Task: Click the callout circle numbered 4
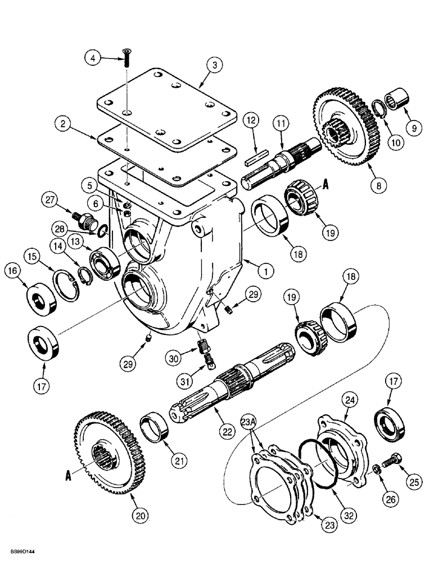point(94,57)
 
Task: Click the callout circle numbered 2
point(64,123)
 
